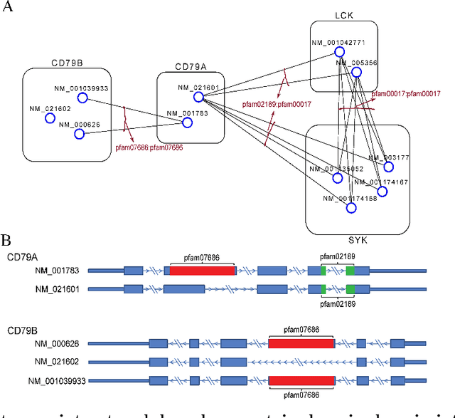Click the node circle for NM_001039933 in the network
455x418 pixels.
pos(82,98)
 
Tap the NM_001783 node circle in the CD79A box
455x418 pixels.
pos(188,122)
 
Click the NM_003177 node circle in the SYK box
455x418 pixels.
pos(388,167)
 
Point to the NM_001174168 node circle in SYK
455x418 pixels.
pos(351,208)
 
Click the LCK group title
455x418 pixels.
pos(344,15)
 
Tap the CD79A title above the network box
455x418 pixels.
pos(191,67)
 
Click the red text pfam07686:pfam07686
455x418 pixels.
pos(149,148)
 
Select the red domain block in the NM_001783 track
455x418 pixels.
pos(202,271)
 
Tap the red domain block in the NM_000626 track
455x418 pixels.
pos(301,343)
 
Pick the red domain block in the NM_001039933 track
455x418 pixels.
pos(301,380)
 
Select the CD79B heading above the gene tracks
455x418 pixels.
pos(24,330)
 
